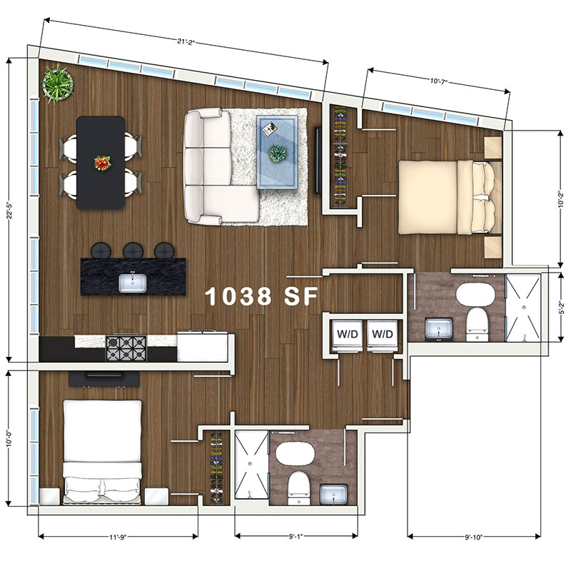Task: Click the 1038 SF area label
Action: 261,296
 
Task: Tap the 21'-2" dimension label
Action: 186,41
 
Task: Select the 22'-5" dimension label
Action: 10,211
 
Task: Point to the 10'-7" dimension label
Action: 439,81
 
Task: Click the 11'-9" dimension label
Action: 118,537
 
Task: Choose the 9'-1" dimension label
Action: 296,537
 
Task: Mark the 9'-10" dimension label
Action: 474,537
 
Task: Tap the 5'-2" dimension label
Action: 562,308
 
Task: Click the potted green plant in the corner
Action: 57,84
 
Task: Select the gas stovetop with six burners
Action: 126,348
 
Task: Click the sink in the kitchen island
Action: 133,283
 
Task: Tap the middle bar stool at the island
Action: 133,251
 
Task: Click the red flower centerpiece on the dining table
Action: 102,163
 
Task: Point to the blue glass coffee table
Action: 277,152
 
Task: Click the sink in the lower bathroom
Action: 333,495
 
